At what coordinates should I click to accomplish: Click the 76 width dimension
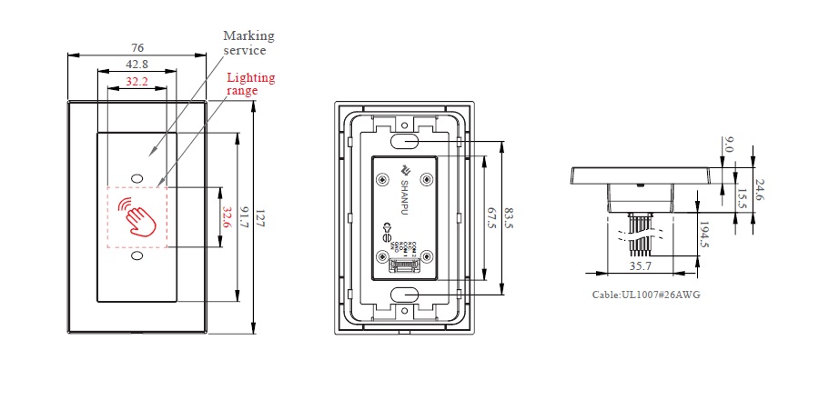(137, 47)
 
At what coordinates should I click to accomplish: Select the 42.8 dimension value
(137, 64)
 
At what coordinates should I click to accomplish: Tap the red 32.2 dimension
(137, 81)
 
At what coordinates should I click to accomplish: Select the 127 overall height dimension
(260, 219)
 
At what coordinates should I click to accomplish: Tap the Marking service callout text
(248, 43)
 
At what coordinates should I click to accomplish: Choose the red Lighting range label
(250, 84)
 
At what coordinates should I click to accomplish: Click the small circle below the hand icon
(137, 257)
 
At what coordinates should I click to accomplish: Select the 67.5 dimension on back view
(492, 218)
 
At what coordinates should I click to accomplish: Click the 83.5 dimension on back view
(510, 218)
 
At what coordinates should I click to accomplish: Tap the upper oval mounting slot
(406, 142)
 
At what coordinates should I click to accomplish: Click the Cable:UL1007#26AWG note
(646, 295)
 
